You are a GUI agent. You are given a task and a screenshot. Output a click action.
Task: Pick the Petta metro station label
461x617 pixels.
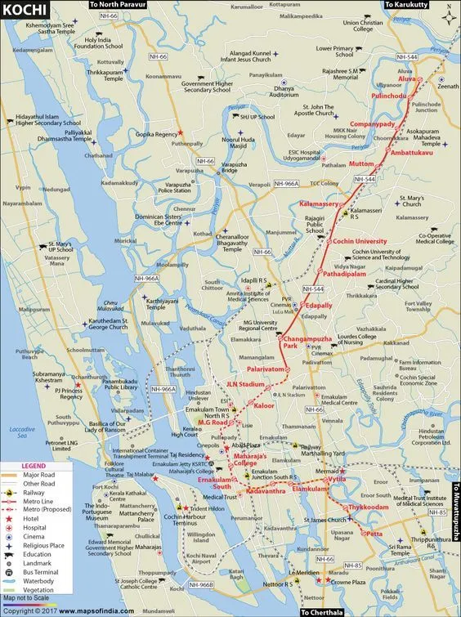[374, 534]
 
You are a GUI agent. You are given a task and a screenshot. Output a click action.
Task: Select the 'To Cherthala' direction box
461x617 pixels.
[325, 611]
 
